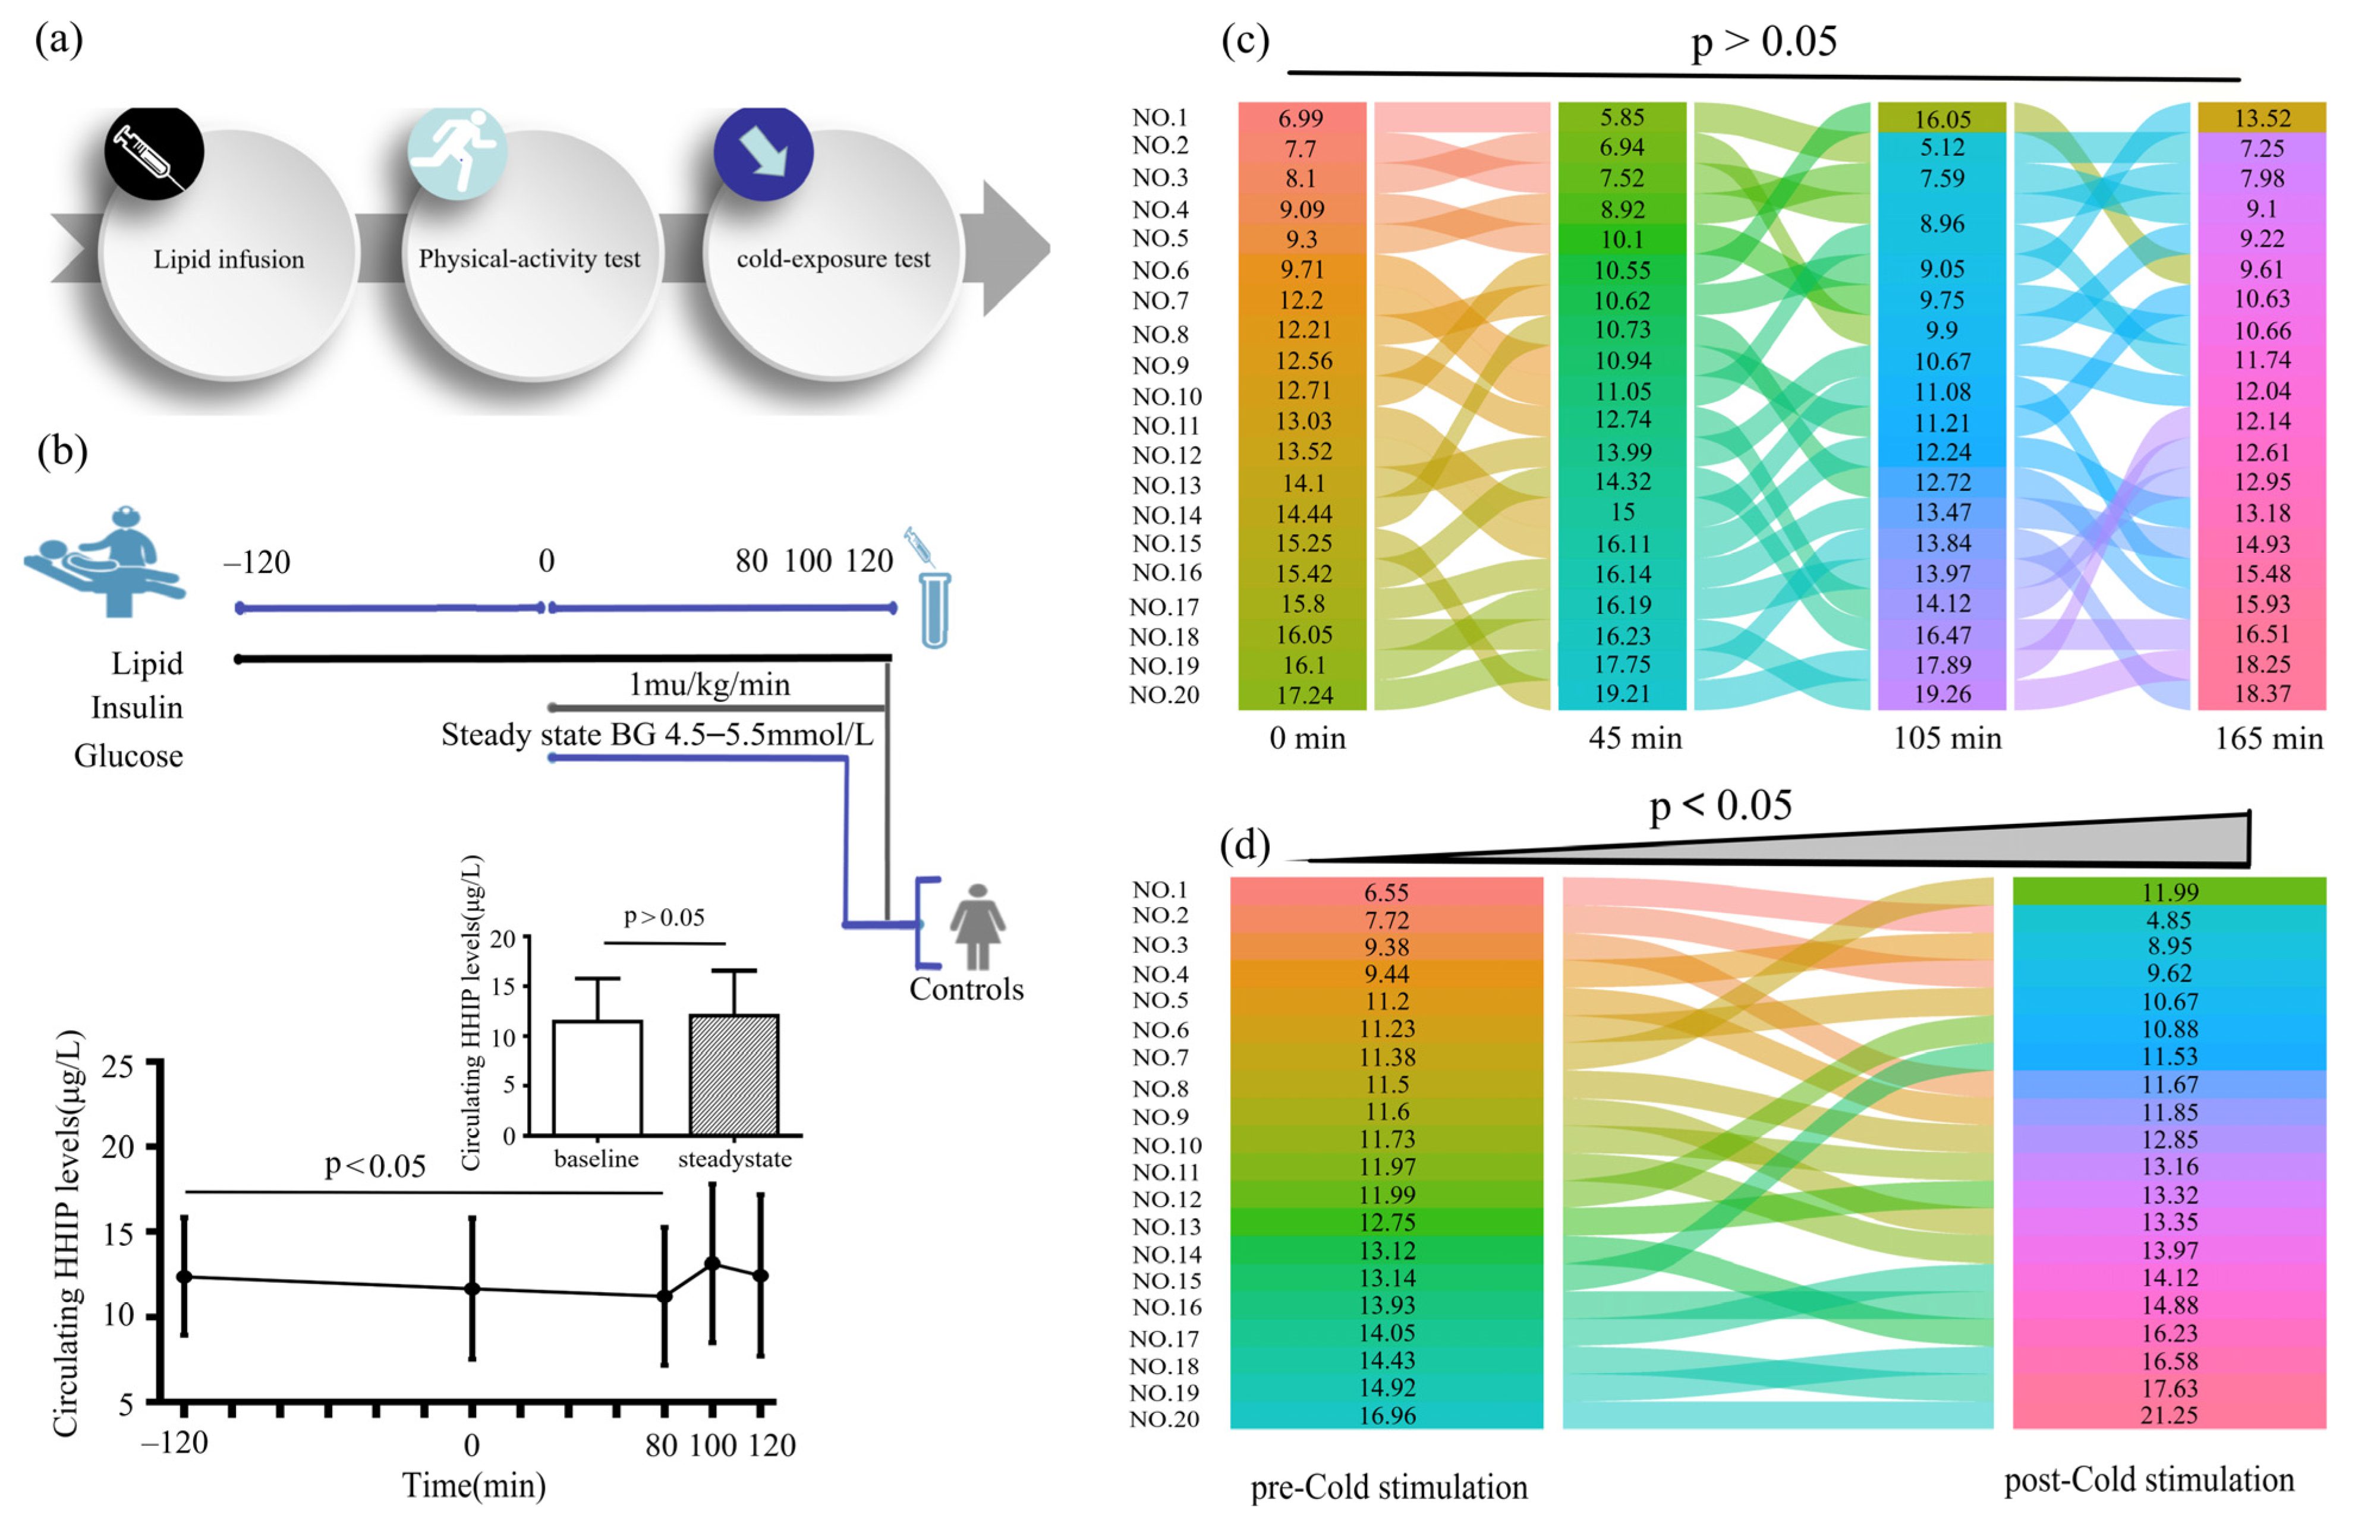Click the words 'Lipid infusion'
pyautogui.click(x=229, y=259)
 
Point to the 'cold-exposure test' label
pyautogui.click(x=833, y=259)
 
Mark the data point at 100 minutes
pyautogui.click(x=711, y=1264)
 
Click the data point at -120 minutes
pyautogui.click(x=184, y=1277)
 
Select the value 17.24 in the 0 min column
pyautogui.click(x=1303, y=695)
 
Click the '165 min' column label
pyautogui.click(x=2268, y=738)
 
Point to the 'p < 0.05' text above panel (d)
pyautogui.click(x=1720, y=805)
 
